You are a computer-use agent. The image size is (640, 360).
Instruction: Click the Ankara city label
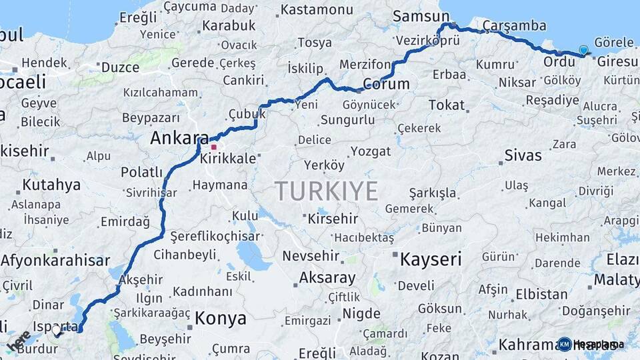click(179, 138)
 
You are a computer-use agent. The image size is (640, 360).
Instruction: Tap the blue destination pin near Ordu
click(584, 50)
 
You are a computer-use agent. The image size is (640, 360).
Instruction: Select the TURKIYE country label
click(327, 191)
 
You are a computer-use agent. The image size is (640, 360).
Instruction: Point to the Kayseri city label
click(431, 259)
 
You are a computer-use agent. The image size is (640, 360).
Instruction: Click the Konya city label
click(220, 319)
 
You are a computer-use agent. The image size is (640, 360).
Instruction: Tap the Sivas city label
click(523, 156)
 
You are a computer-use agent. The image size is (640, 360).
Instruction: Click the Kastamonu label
click(317, 10)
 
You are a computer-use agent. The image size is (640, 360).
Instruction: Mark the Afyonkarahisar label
click(55, 261)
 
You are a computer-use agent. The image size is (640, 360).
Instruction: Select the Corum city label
click(386, 85)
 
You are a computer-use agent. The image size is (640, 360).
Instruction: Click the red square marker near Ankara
click(214, 147)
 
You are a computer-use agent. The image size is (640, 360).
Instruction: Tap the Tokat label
click(446, 105)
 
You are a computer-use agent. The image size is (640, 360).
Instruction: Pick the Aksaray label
click(327, 277)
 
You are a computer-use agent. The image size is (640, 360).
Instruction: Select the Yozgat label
click(371, 151)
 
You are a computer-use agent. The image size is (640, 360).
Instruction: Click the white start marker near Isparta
click(57, 329)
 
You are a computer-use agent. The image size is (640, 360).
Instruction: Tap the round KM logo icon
click(565, 344)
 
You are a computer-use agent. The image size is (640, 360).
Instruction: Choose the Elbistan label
click(541, 294)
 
